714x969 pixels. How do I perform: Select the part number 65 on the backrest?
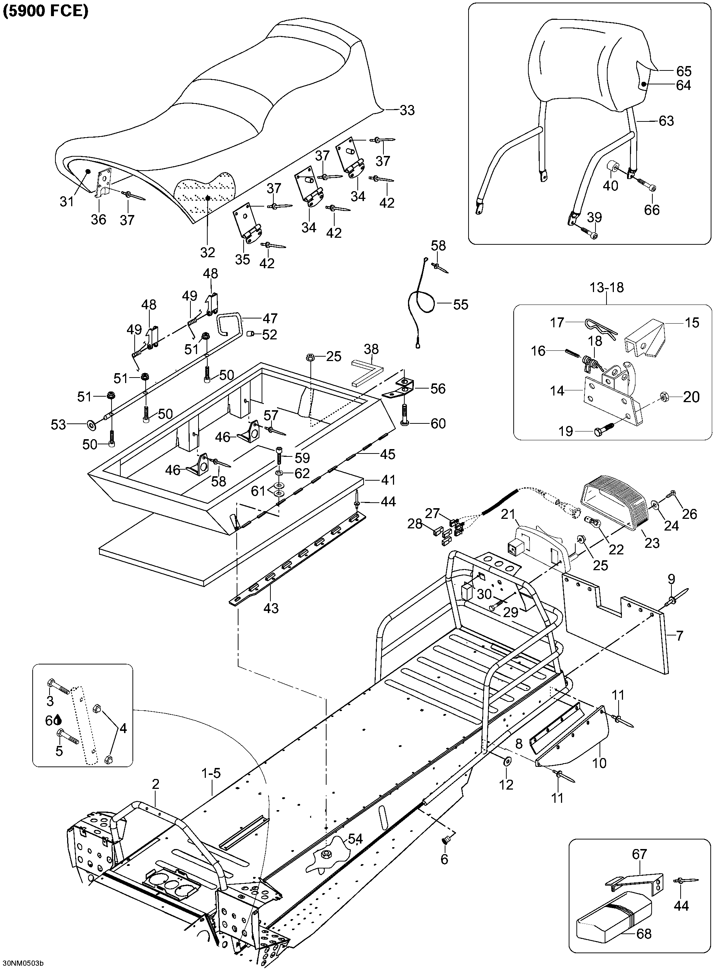[684, 71]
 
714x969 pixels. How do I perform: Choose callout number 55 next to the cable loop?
[461, 304]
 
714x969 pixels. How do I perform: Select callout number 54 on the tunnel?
[355, 838]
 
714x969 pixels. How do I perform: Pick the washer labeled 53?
[92, 425]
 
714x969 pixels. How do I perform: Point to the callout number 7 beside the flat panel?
[680, 635]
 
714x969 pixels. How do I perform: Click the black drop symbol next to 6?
[58, 720]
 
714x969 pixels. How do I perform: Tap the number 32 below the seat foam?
[207, 252]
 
